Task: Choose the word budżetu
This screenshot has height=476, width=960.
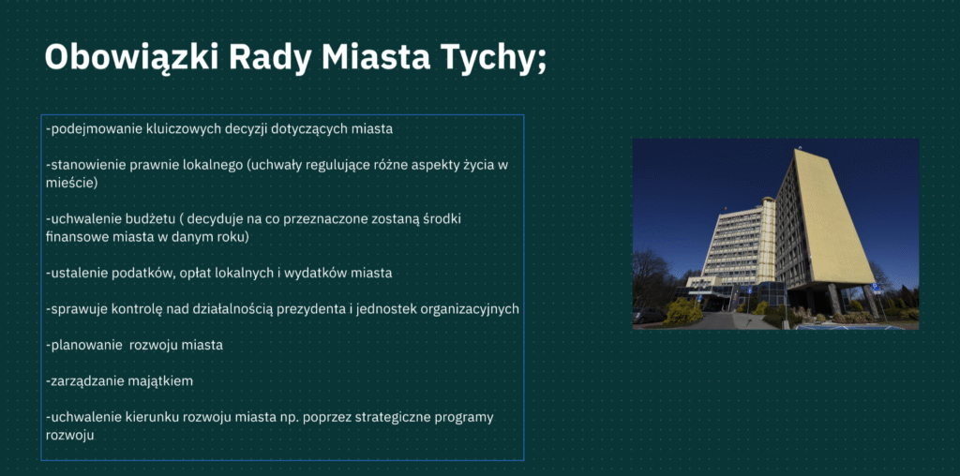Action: tap(156, 219)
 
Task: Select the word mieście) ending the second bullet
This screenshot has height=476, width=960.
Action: tap(71, 183)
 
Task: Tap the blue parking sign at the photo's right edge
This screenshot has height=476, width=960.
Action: tap(877, 287)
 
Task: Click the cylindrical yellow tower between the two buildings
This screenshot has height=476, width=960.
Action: tap(767, 240)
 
